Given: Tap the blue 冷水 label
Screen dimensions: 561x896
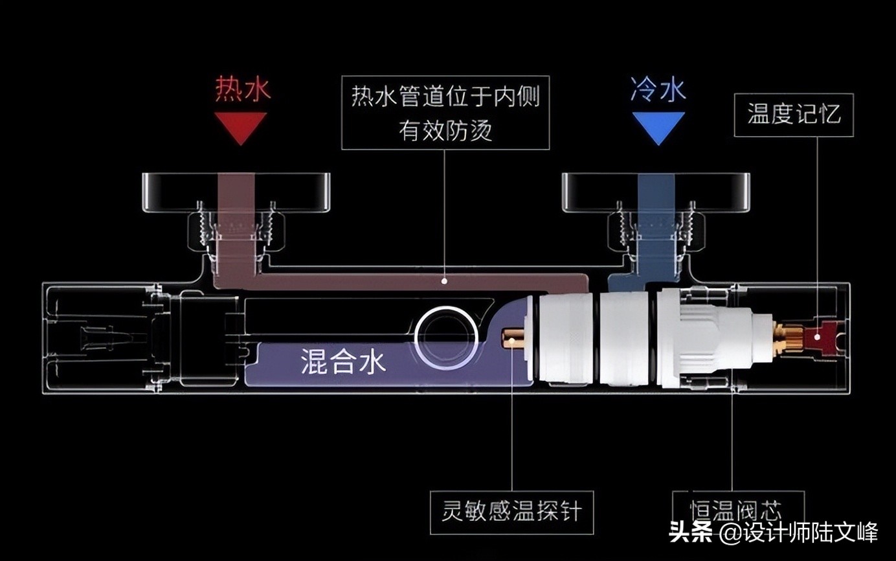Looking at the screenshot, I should pos(658,89).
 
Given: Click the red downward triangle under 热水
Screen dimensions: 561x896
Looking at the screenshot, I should pos(241,126).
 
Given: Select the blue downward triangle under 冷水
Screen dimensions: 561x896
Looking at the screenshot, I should pos(658,126).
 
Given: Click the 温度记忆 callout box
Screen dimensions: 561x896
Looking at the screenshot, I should pos(794,115).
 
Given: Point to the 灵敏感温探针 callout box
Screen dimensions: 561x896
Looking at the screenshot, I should pos(511,512).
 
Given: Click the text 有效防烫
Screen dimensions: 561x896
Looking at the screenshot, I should pos(445,131).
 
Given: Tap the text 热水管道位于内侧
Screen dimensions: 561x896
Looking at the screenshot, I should pos(445,98).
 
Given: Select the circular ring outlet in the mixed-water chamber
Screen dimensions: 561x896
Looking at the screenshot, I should pos(447,337).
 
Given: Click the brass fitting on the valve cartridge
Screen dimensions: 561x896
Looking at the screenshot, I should pos(788,338).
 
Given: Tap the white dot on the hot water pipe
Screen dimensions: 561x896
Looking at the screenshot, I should pos(444,281).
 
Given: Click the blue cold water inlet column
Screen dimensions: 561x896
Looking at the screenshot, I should pos(656,220).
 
